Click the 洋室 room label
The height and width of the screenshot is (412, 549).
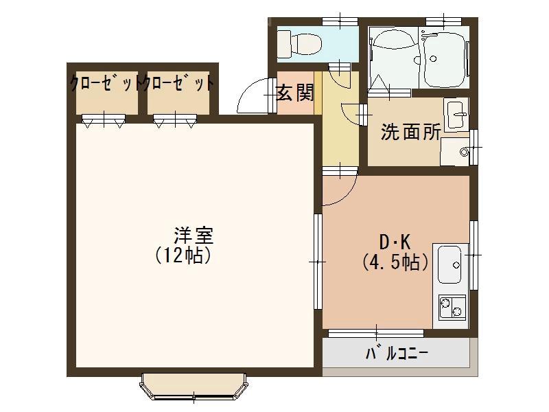[193, 236]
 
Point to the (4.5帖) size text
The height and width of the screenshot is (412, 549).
[396, 262]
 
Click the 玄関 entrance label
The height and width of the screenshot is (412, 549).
[295, 92]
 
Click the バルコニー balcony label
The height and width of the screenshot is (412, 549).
[397, 354]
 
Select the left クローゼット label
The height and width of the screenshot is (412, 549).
[106, 84]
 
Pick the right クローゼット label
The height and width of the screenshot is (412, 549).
[178, 84]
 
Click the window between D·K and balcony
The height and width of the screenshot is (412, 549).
[375, 333]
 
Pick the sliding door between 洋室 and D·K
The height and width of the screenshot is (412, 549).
[318, 260]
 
